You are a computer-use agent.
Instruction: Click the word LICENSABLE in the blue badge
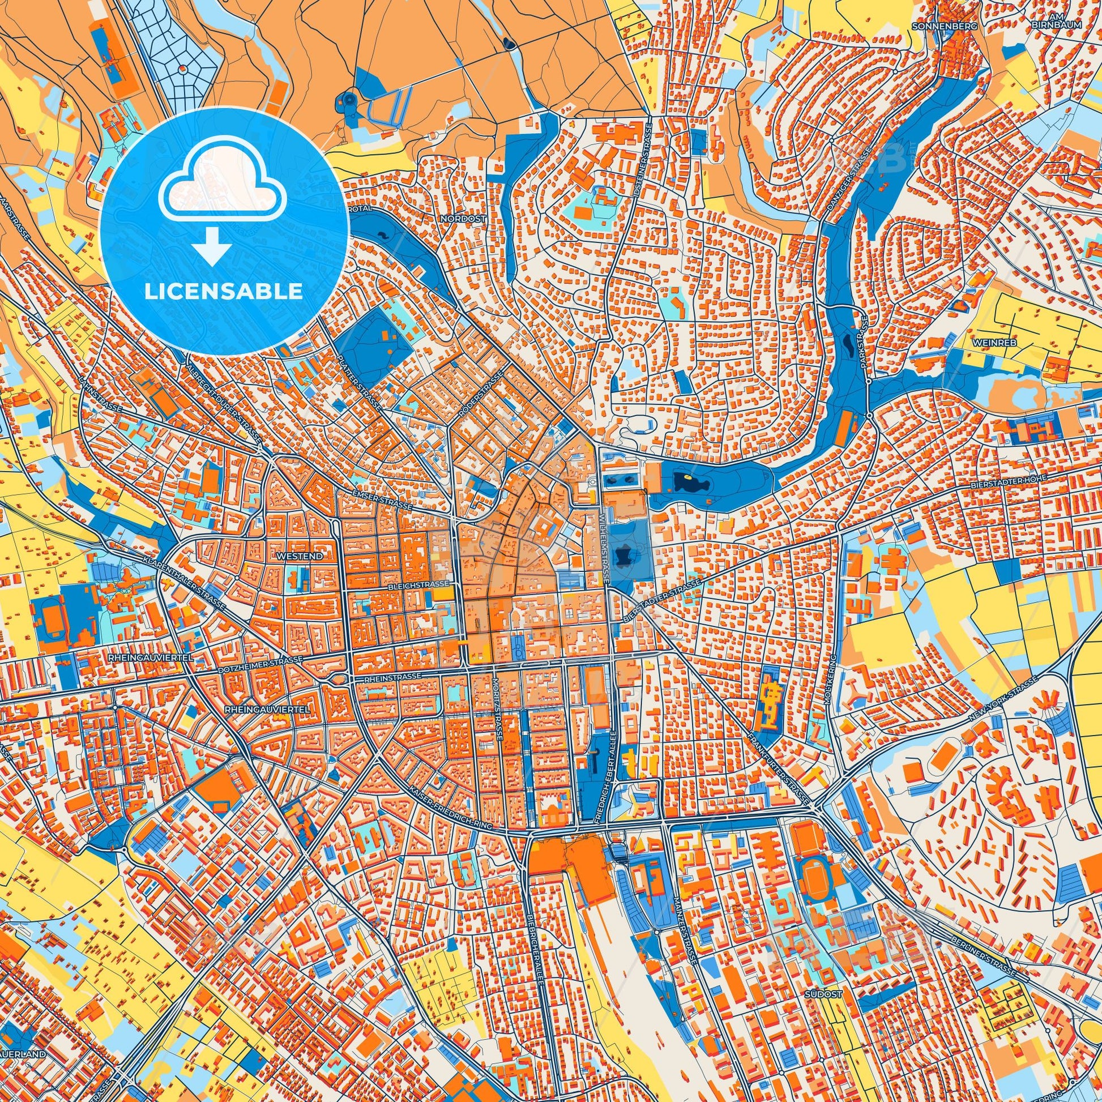click(x=224, y=292)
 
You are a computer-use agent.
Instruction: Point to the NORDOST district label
click(x=470, y=219)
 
